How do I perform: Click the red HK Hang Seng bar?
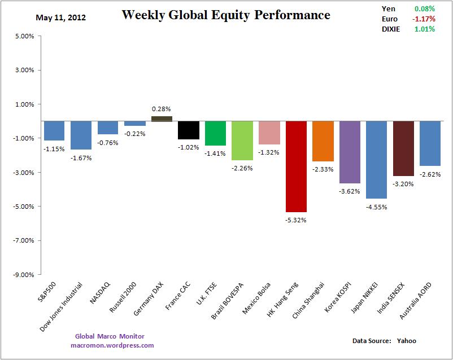(x=296, y=166)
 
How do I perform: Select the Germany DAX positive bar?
(x=162, y=118)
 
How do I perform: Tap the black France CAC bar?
(x=189, y=130)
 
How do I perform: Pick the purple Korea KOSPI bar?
(x=349, y=152)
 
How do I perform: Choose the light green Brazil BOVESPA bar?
(x=242, y=141)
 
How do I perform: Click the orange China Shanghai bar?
(x=323, y=141)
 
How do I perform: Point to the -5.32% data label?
(x=296, y=220)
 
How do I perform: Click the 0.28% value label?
(x=162, y=108)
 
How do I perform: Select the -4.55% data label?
(x=376, y=207)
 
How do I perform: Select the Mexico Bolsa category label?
(x=258, y=299)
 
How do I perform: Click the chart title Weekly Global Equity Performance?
(x=226, y=15)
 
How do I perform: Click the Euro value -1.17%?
(x=424, y=19)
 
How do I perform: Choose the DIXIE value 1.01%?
(x=424, y=29)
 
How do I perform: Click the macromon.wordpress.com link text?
(x=112, y=345)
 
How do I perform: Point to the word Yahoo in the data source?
(x=406, y=341)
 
